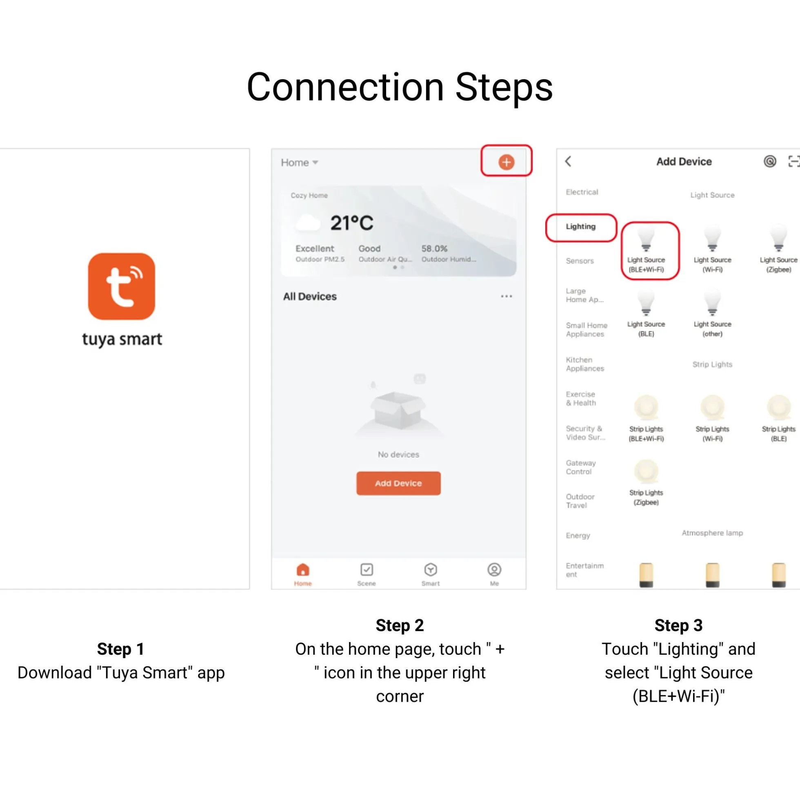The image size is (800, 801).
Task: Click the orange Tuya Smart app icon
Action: pyautogui.click(x=121, y=286)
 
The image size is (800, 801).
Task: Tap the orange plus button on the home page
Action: pyautogui.click(x=506, y=162)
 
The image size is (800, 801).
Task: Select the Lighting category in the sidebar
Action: pyautogui.click(x=580, y=226)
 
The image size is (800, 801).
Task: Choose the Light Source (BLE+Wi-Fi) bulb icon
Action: pyautogui.click(x=646, y=239)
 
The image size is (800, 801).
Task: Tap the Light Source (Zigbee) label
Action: pyautogui.click(x=778, y=265)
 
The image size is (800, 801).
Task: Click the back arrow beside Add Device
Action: pyautogui.click(x=568, y=161)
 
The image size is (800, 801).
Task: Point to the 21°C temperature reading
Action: pyautogui.click(x=351, y=223)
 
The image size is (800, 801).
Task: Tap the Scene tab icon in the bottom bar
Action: pyautogui.click(x=367, y=570)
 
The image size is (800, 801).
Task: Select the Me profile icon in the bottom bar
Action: pyautogui.click(x=494, y=570)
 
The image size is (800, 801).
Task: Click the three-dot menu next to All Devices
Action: pyautogui.click(x=506, y=296)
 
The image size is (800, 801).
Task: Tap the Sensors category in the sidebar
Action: pyautogui.click(x=580, y=261)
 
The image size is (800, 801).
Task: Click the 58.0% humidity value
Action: pyautogui.click(x=434, y=248)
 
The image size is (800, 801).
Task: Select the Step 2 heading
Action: pyautogui.click(x=400, y=625)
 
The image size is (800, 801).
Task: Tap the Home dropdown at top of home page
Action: pyautogui.click(x=300, y=163)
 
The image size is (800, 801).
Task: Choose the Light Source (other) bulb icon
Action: pyautogui.click(x=712, y=303)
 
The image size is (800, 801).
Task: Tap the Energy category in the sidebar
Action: pyautogui.click(x=578, y=535)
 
